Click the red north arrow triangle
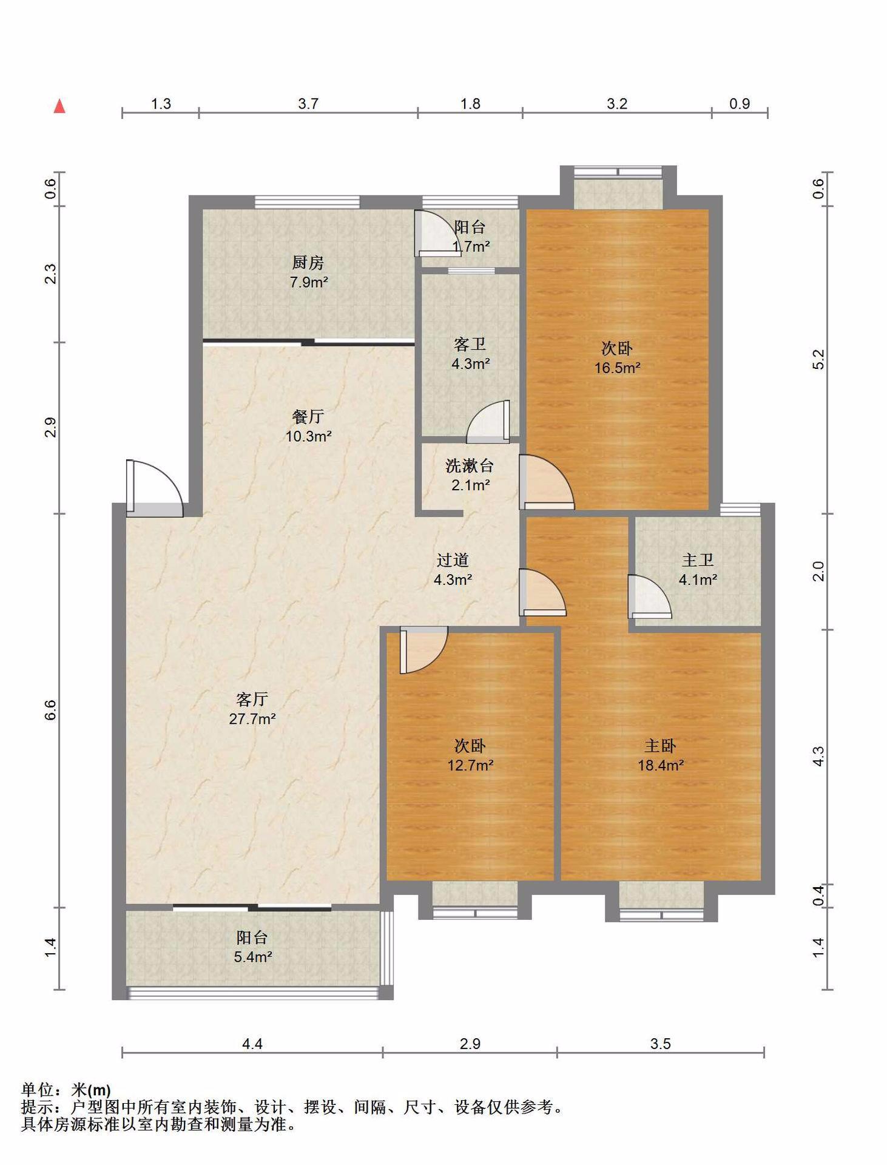coord(59,106)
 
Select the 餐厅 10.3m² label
coord(308,426)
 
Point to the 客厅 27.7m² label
coord(252,709)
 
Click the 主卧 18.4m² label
coord(661,755)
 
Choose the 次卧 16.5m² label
coord(618,357)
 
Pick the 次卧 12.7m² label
coord(470,755)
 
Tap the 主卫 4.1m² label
coord(698,569)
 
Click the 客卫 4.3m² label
coord(470,354)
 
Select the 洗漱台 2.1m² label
coord(470,475)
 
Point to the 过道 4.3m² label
coord(453,569)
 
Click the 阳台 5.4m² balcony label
coord(252,947)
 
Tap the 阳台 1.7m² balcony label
coord(471,237)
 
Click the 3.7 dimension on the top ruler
coord(308,104)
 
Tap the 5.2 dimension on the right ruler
coord(818,359)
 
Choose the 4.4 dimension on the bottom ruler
coord(252,1044)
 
